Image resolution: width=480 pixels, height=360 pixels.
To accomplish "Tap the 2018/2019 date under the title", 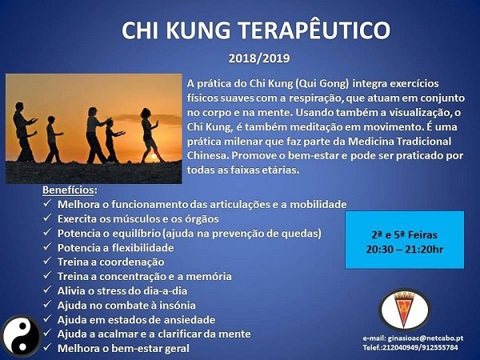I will click(258, 59).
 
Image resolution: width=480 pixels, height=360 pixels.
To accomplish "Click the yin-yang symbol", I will click(17, 335).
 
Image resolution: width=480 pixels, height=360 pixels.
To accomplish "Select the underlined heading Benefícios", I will click(70, 190).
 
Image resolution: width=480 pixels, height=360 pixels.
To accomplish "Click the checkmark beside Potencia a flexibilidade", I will click(47, 248).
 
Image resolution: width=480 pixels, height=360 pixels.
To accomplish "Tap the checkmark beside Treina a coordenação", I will click(47, 262).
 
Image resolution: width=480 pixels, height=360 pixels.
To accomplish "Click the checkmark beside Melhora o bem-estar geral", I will click(47, 349).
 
